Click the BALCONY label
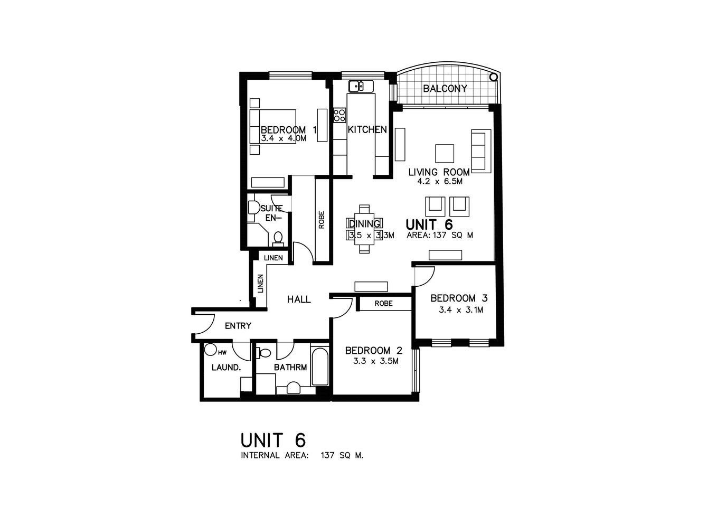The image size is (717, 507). click(x=445, y=89)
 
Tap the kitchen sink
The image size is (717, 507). click(x=361, y=86)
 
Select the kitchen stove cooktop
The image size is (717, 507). click(x=339, y=116)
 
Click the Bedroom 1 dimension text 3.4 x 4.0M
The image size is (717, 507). click(x=283, y=138)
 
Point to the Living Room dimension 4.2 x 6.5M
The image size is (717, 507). click(x=439, y=181)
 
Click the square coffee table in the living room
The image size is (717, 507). click(x=444, y=153)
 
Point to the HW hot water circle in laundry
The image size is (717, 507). click(x=211, y=350)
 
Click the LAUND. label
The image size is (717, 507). click(x=226, y=368)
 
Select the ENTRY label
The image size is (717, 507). click(x=238, y=326)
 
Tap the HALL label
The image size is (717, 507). click(x=299, y=299)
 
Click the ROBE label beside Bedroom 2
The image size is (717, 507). click(x=383, y=304)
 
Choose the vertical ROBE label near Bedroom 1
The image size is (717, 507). click(x=322, y=220)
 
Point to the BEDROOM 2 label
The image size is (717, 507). click(x=373, y=351)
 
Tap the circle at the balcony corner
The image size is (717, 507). click(x=494, y=77)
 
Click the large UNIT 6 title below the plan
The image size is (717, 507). click(x=273, y=439)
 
